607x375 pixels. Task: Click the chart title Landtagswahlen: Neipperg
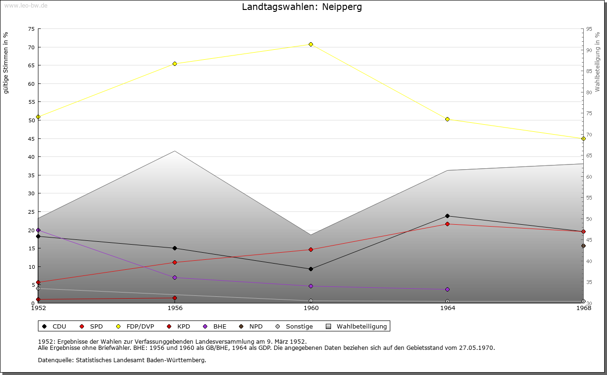[302, 7]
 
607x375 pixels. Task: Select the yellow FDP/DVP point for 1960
[311, 44]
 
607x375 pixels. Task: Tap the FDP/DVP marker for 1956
[175, 64]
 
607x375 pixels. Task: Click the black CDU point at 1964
[447, 216]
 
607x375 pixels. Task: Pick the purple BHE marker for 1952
[38, 230]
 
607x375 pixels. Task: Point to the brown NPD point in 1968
[583, 246]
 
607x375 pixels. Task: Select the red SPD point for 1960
[311, 249]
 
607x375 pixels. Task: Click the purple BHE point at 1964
[447, 289]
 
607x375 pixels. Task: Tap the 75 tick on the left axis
[31, 29]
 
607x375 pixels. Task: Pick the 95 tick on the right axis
[589, 29]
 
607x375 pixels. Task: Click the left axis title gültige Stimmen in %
[6, 63]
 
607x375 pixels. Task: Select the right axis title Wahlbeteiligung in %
[598, 63]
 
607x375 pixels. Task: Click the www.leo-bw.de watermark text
[25, 5]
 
